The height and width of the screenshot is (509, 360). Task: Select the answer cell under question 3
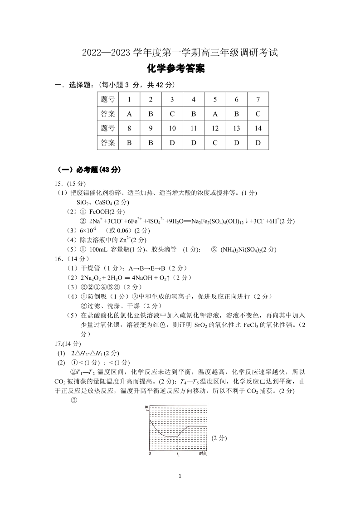point(172,114)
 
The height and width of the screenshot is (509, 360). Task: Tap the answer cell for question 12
point(215,143)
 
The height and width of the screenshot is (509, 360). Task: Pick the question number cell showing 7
point(258,99)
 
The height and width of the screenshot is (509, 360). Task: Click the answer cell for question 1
point(129,114)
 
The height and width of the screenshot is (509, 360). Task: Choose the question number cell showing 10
point(172,128)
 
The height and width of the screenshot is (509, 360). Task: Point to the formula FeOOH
point(100,212)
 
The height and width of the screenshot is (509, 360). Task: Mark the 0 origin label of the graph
point(150,453)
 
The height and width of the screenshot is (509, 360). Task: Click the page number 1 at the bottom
point(180,476)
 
